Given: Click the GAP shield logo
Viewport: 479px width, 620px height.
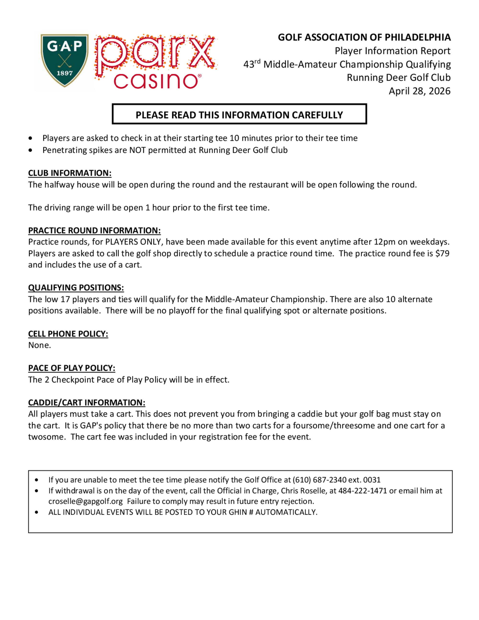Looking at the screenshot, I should pos(64,60).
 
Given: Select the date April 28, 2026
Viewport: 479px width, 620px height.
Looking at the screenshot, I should pos(419,91).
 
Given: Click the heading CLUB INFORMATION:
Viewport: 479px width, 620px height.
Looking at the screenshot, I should pos(70,173).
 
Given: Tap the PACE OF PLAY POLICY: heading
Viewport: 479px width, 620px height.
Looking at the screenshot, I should pos(72,368).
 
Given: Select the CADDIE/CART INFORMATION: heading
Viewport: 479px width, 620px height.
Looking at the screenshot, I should pos(86,402).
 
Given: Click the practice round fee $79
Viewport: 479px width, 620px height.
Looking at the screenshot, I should pos(442,253).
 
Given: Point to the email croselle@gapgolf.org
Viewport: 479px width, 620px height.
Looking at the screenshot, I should pos(86,501).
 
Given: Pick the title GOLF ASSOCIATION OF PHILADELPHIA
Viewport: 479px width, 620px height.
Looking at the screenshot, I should pos(364,37).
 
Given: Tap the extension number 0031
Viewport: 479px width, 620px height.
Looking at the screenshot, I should pos(372,480).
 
